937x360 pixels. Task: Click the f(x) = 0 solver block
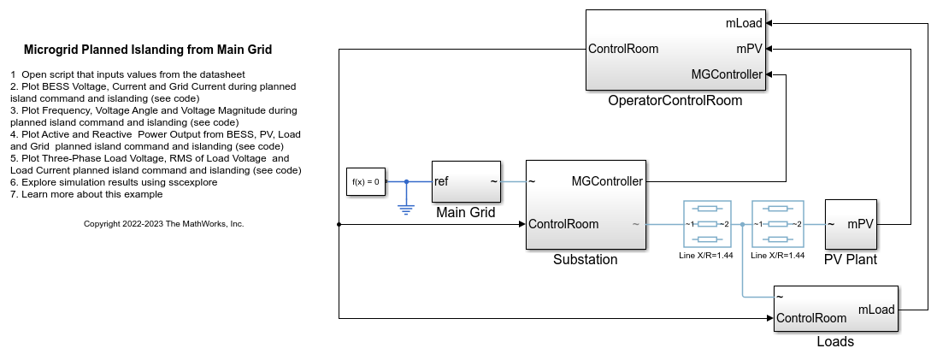tap(366, 181)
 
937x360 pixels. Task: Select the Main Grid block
tap(465, 181)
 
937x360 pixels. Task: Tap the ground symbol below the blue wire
tap(406, 206)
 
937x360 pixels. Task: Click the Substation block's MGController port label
tap(607, 181)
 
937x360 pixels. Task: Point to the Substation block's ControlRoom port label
tap(563, 224)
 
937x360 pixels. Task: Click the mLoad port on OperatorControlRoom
tap(743, 24)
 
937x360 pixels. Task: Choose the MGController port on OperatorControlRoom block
tap(727, 74)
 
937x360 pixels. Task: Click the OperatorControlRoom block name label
tap(675, 101)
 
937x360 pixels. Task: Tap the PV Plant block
tap(852, 224)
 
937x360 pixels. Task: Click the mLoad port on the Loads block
tap(875, 310)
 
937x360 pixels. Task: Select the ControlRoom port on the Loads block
tap(811, 318)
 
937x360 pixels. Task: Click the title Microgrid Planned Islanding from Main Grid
tap(148, 50)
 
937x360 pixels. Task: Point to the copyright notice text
tap(164, 224)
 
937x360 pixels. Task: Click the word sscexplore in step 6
tap(193, 182)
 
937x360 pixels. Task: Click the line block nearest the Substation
tap(707, 224)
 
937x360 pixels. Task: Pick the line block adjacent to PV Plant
tap(777, 224)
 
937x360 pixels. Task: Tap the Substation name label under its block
tap(585, 260)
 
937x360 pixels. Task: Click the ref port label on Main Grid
tap(442, 181)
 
